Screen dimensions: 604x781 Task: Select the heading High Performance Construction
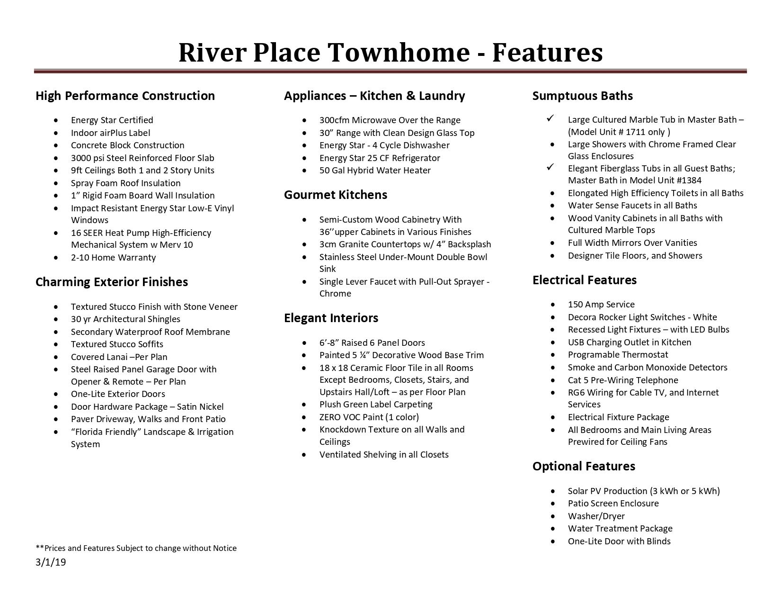(125, 96)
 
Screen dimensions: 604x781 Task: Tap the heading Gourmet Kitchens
(335, 195)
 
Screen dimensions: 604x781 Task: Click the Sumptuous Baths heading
(582, 96)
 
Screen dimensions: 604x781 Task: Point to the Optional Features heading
(584, 466)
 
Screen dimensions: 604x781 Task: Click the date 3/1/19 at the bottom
(51, 562)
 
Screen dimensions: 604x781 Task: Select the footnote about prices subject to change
(136, 548)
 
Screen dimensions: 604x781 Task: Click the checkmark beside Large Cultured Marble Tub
(550, 118)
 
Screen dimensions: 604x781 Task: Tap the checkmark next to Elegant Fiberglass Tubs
(550, 167)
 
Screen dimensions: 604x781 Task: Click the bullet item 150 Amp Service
(601, 305)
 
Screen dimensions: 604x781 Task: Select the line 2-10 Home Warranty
(113, 258)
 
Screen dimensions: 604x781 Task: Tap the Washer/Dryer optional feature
(596, 516)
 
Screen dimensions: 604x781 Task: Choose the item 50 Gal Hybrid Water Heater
(375, 171)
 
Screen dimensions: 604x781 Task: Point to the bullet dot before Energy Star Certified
(57, 120)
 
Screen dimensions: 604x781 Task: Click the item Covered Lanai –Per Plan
(119, 357)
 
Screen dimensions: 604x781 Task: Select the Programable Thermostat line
(618, 355)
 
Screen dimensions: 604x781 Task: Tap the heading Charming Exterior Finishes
(112, 282)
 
